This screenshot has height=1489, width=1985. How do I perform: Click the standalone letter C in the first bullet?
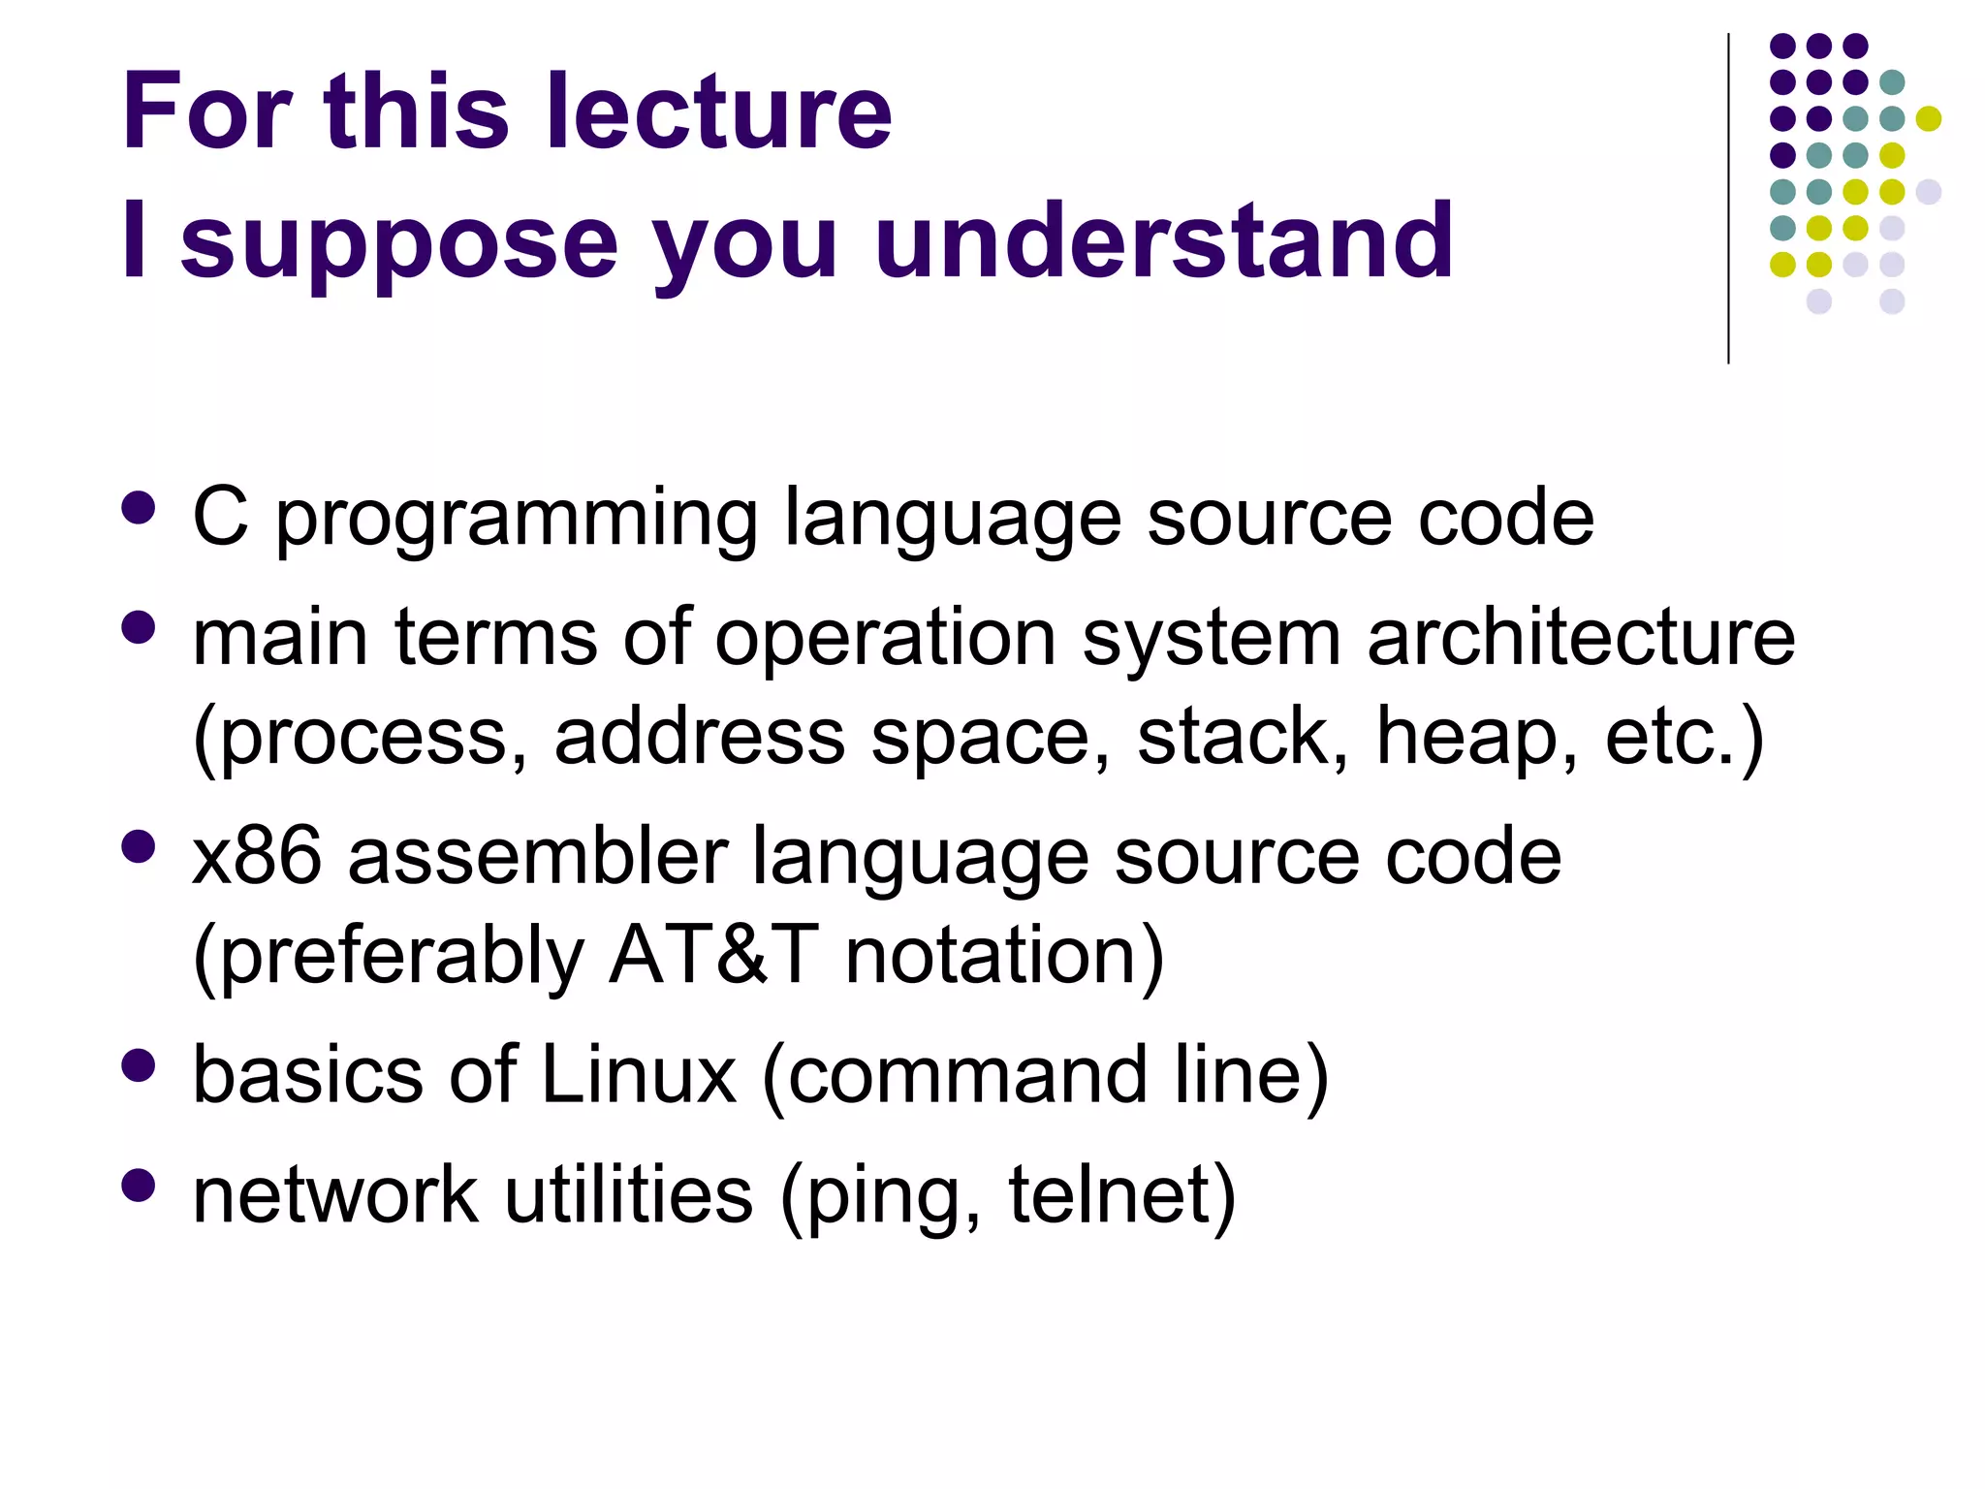pyautogui.click(x=220, y=517)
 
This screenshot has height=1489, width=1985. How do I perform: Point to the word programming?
pyautogui.click(x=517, y=523)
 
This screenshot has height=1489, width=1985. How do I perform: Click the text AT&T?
pyautogui.click(x=713, y=955)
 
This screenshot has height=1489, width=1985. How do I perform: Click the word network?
pyautogui.click(x=335, y=1194)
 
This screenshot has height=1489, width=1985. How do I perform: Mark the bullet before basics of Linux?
pyautogui.click(x=140, y=1064)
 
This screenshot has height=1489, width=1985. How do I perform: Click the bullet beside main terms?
pyautogui.click(x=140, y=627)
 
